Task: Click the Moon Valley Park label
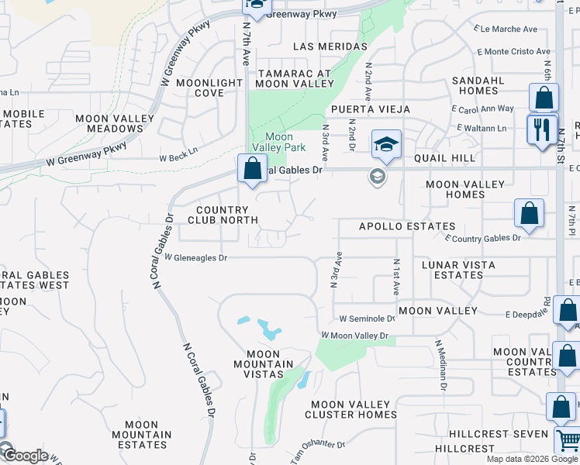tap(273, 142)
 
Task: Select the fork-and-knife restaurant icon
tap(542, 128)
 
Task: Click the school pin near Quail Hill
tap(386, 143)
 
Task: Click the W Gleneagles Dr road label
tap(195, 257)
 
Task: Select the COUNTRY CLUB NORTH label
tap(223, 215)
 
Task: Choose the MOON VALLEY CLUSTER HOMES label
tap(354, 409)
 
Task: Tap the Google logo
tap(25, 456)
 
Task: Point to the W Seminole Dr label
tap(368, 319)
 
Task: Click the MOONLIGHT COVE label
tap(209, 88)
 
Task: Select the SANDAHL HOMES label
tap(478, 85)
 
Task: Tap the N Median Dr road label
tap(440, 365)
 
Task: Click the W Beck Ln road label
tap(179, 157)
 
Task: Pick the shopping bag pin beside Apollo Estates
tap(529, 215)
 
